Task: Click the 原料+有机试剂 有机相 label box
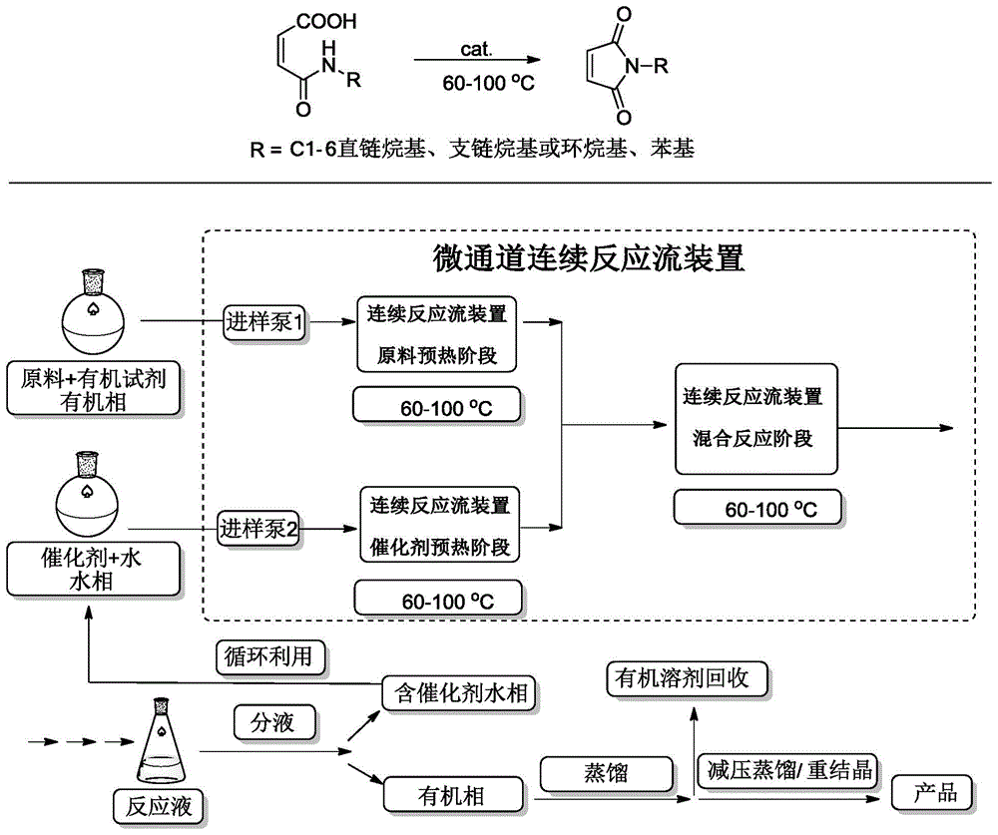95,389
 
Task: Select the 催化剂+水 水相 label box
95,568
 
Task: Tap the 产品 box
935,794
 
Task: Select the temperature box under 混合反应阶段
756,508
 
